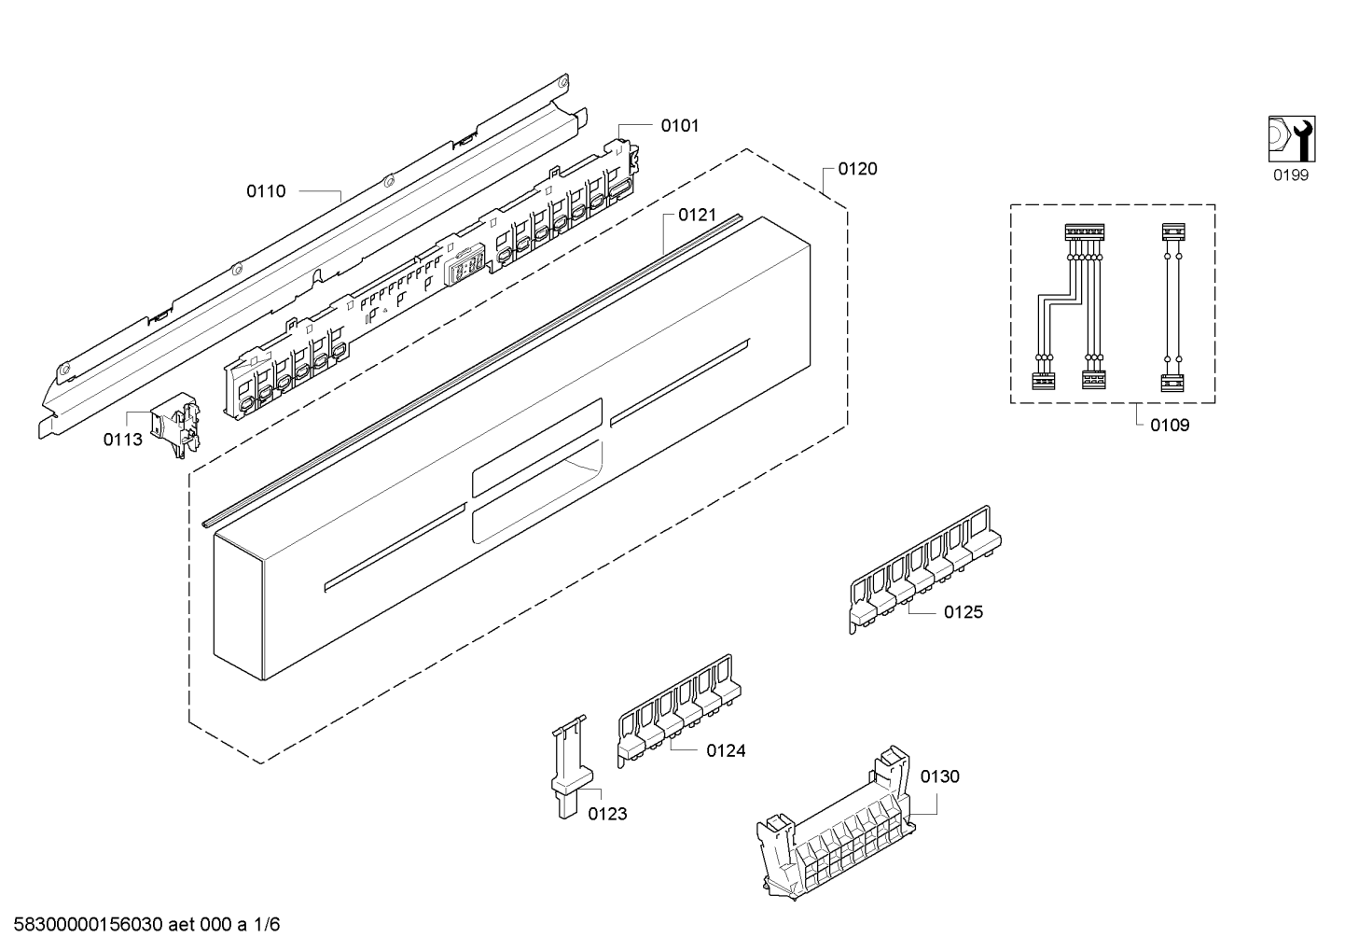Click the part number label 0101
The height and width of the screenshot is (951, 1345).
tap(680, 126)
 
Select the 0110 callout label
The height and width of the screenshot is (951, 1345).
tap(266, 191)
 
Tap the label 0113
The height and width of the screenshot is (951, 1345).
tap(123, 440)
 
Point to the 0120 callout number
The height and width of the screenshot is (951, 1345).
tap(857, 170)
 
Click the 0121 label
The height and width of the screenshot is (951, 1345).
tap(697, 215)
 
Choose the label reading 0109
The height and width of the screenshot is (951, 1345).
tap(1170, 426)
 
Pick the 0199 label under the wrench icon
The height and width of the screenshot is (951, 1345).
tap(1291, 175)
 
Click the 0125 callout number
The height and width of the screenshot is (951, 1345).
tap(964, 612)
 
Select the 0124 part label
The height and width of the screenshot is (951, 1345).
tap(726, 751)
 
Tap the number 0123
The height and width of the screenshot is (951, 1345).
tap(607, 814)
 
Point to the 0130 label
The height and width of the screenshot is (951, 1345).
tap(940, 776)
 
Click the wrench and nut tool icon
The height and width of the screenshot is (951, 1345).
tap(1292, 139)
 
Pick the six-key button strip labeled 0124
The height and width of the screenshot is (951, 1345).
tap(679, 711)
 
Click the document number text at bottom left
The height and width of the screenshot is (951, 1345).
tap(146, 925)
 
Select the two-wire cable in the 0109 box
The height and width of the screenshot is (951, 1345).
tap(1172, 307)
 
